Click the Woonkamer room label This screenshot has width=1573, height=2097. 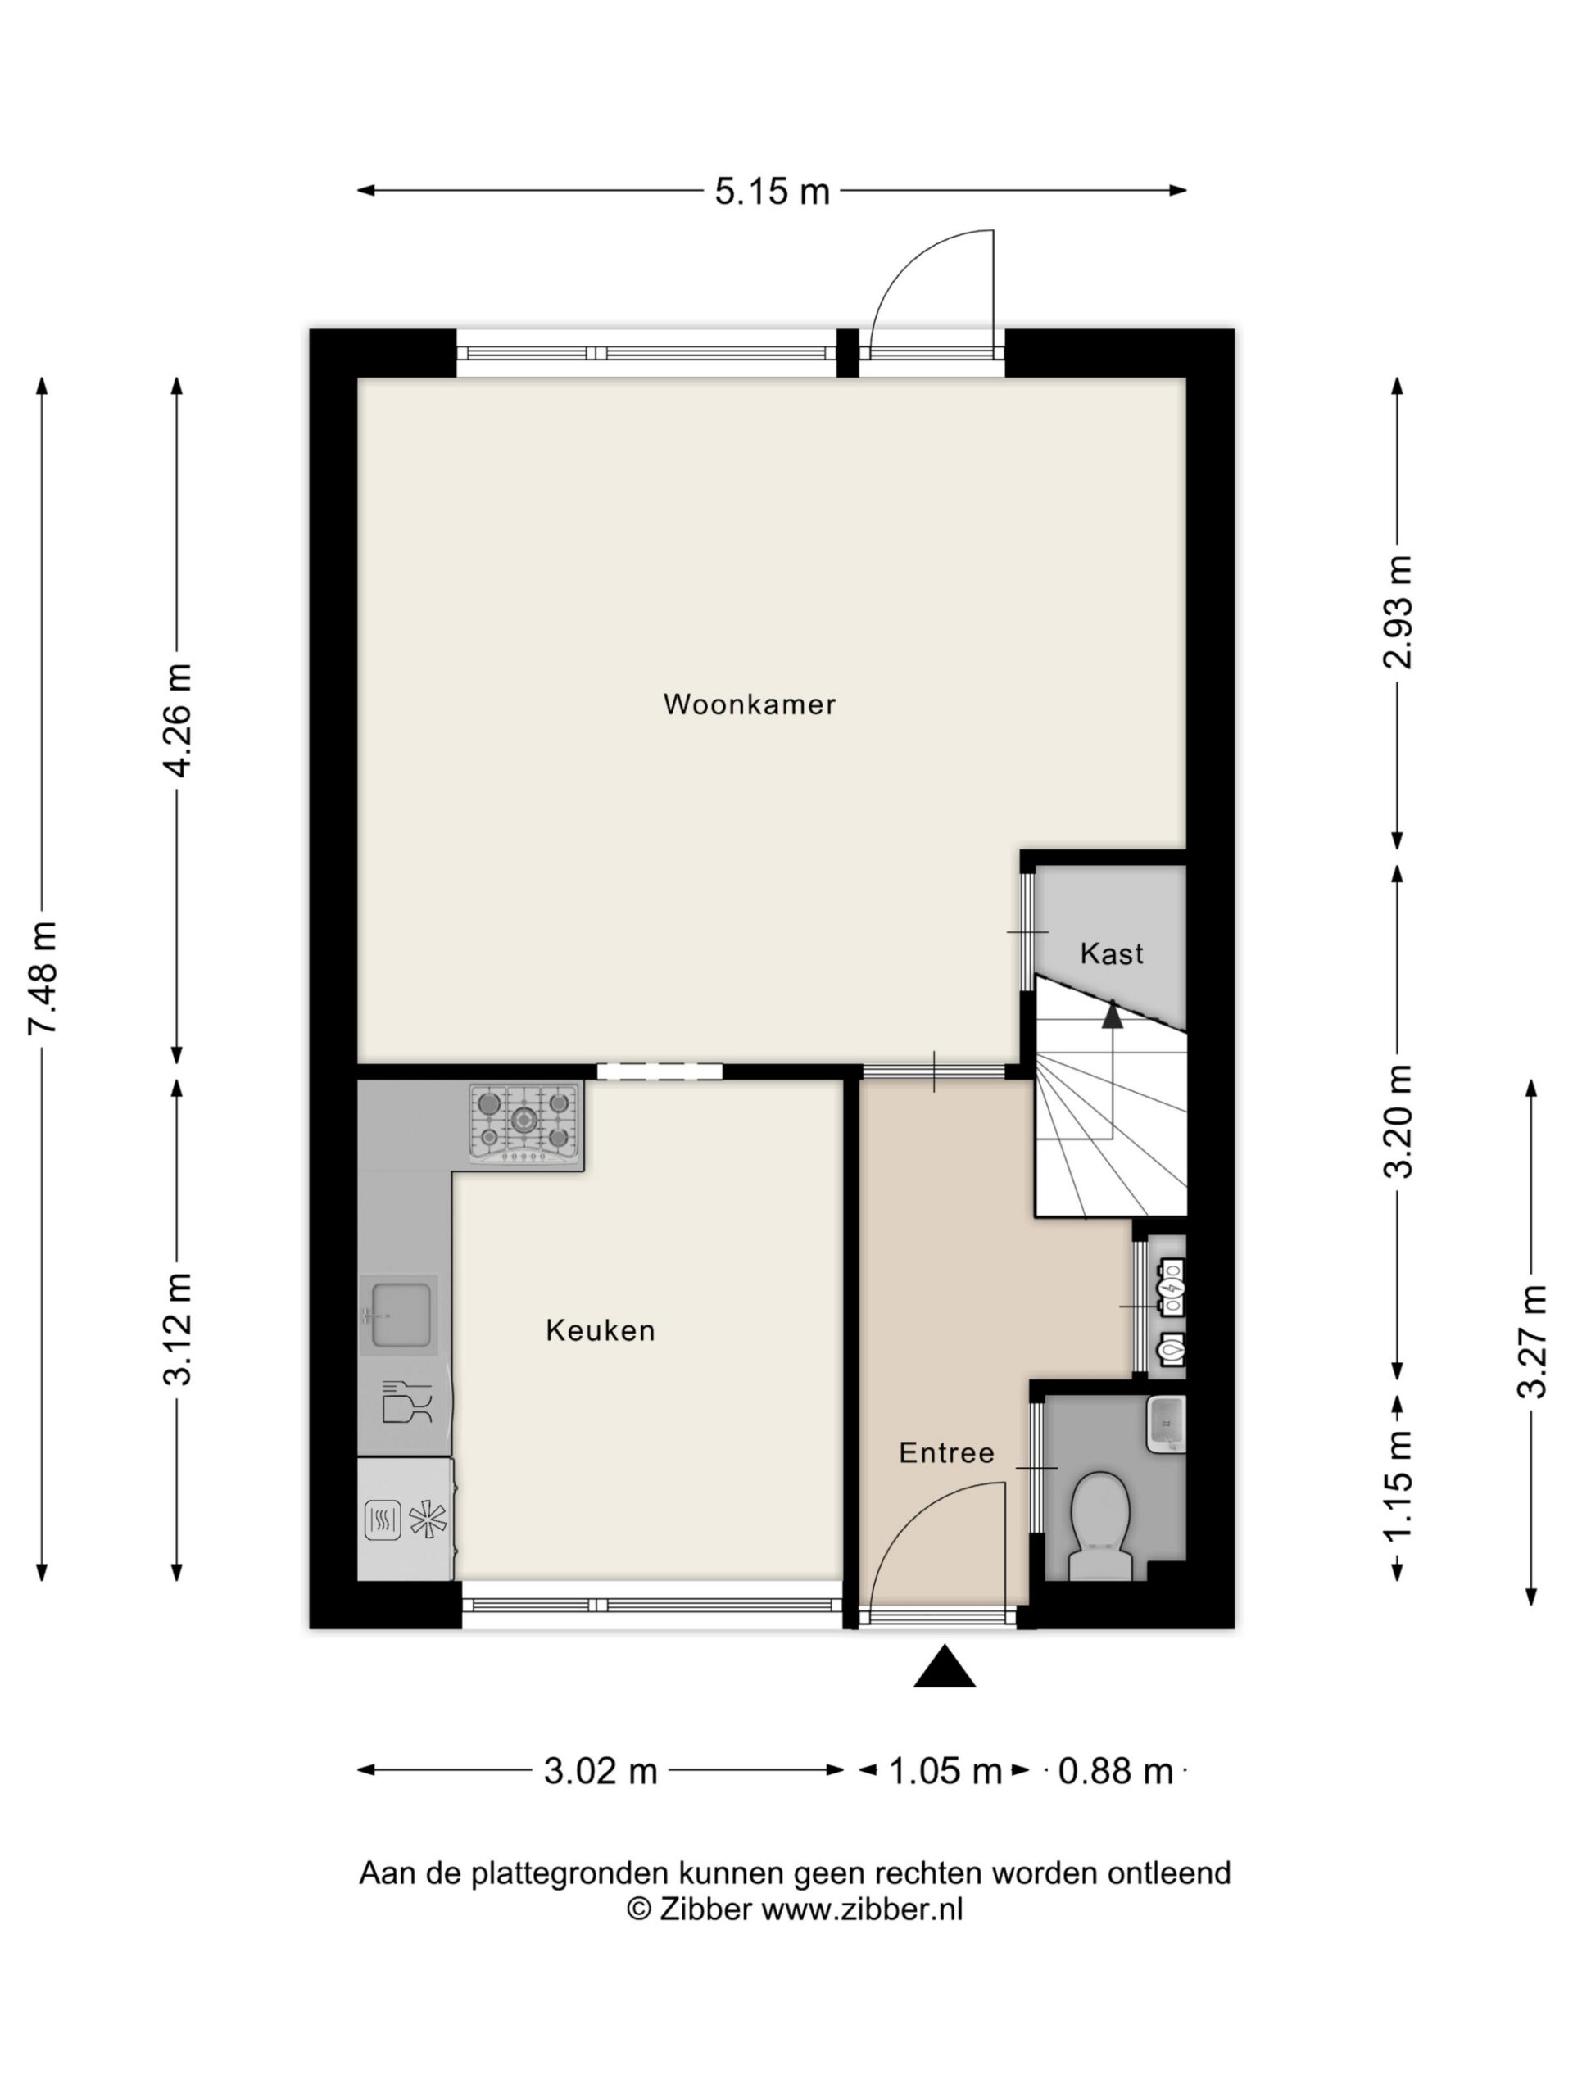[749, 704]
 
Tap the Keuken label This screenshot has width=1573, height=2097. [601, 1331]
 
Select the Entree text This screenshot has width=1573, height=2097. [946, 1452]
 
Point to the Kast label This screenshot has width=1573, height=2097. [1111, 953]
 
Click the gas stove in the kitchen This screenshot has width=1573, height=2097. [524, 1125]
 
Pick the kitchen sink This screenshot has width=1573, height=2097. [399, 1315]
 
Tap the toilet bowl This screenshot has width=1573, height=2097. [1099, 1527]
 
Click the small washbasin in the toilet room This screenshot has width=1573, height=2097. [1167, 1424]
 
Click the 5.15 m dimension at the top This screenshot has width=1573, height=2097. [772, 192]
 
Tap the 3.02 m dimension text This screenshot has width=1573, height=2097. [601, 1770]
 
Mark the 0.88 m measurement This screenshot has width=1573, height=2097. [1115, 1770]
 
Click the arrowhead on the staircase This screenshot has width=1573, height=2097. [1113, 1015]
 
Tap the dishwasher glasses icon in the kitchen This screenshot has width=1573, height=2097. [406, 1402]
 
